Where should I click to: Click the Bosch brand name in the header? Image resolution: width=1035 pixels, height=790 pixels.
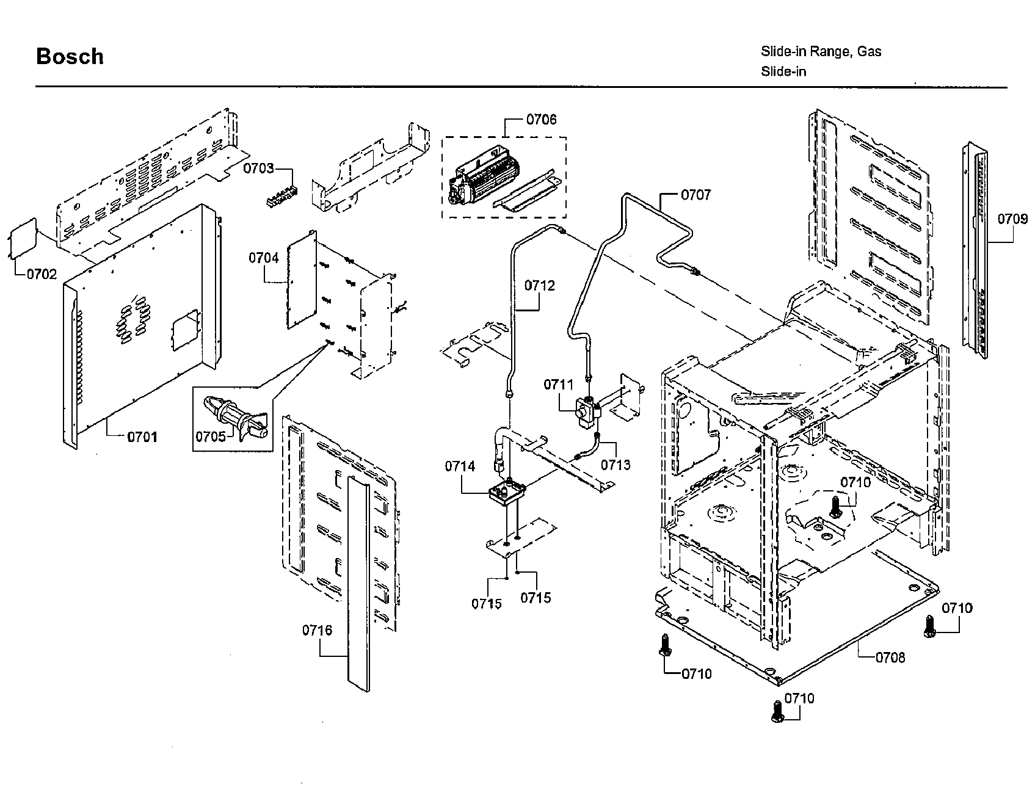tap(70, 56)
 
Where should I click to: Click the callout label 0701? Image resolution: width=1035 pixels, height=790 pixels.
tap(142, 437)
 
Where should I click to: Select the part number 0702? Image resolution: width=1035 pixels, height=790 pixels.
tap(42, 274)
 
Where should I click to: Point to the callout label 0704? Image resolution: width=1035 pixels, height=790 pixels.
tap(263, 258)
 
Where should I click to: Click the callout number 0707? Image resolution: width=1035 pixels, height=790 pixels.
tap(695, 195)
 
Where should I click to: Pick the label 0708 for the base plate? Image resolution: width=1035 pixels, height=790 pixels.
tap(890, 657)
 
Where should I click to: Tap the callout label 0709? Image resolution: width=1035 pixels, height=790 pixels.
tap(1012, 219)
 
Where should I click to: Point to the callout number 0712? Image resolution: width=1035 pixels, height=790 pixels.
tap(540, 285)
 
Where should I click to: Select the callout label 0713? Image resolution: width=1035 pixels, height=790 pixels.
tap(615, 465)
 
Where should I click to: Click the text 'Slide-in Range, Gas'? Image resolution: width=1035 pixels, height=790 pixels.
tap(821, 51)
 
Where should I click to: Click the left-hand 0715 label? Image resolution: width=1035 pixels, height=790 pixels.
tap(486, 603)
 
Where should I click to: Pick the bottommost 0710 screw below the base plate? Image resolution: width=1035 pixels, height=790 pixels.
tap(778, 711)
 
